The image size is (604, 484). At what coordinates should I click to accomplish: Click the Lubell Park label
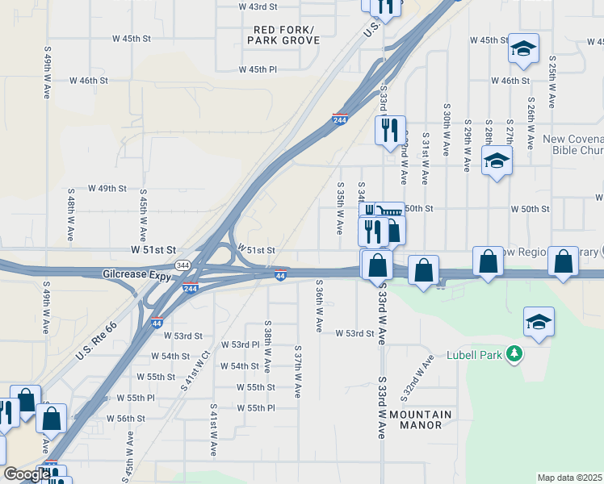(x=475, y=355)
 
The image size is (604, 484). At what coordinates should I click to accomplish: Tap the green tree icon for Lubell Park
(x=512, y=354)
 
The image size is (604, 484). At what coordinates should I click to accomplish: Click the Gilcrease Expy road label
(x=135, y=275)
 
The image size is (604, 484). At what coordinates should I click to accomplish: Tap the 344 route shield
(x=183, y=265)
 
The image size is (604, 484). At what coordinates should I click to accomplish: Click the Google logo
(x=26, y=474)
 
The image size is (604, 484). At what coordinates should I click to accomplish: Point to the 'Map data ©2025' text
(x=568, y=478)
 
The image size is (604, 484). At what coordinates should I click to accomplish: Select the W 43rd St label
(x=258, y=6)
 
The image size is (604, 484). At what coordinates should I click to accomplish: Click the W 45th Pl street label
(x=258, y=69)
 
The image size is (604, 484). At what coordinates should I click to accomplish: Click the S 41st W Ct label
(x=195, y=371)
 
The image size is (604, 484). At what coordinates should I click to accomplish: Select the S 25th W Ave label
(x=552, y=82)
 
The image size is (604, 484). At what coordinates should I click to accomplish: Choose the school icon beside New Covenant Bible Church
(x=497, y=161)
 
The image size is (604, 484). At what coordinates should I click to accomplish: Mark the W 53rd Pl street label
(x=245, y=344)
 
